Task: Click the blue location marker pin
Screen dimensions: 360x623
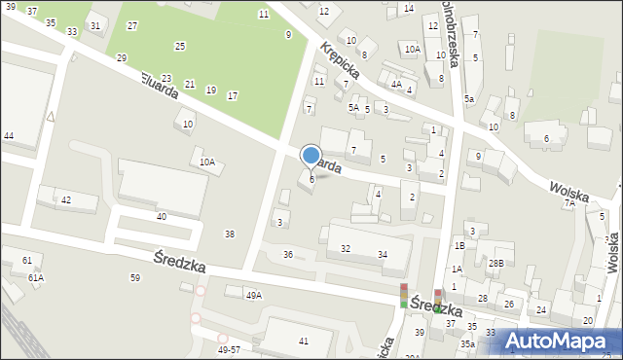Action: coord(311,157)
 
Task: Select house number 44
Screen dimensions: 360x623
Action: coord(8,136)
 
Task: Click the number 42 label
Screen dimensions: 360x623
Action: coord(66,199)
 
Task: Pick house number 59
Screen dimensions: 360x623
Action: coord(135,278)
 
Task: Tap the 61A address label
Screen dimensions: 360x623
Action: coord(35,277)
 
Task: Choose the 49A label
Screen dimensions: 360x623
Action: coord(254,295)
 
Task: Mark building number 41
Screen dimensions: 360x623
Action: coord(304,341)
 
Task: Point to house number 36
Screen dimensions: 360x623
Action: coord(288,254)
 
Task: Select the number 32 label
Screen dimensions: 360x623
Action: coord(346,249)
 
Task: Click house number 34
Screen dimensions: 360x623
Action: coord(384,255)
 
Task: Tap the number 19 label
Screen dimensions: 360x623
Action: coord(211,90)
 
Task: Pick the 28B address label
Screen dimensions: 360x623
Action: coord(496,264)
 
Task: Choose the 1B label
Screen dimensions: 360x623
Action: coord(459,246)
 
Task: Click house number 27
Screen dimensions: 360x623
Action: coord(132,26)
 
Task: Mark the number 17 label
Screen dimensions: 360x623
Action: coord(232,95)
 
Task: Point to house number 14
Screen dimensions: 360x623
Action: coord(408,8)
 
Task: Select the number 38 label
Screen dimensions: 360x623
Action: coord(230,234)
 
